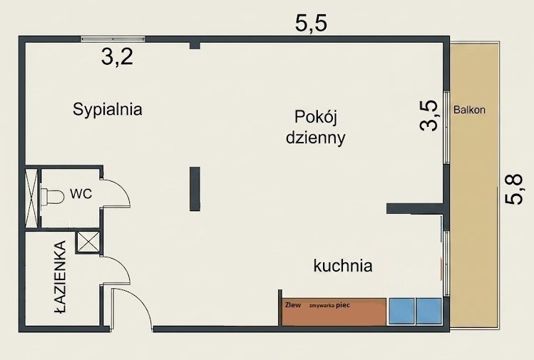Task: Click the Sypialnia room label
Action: tap(107, 110)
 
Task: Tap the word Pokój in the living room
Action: tap(316, 118)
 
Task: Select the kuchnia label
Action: tap(343, 266)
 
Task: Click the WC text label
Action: tap(81, 193)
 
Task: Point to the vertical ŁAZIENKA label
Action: tap(61, 277)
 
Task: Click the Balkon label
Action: tap(469, 110)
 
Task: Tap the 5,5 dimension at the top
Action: tap(311, 24)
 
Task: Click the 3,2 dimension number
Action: tap(117, 57)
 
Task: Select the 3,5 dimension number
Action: tap(428, 115)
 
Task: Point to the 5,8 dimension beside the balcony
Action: tap(513, 190)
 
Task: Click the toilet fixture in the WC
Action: tap(52, 197)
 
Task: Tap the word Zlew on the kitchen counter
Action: tap(293, 305)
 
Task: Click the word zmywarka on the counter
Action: tap(322, 306)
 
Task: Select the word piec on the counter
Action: tap(343, 305)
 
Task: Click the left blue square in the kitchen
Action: tap(402, 311)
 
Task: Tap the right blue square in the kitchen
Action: tap(429, 311)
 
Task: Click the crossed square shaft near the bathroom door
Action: tap(88, 242)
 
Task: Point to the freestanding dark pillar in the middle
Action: tap(195, 189)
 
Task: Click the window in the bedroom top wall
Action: tap(113, 38)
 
